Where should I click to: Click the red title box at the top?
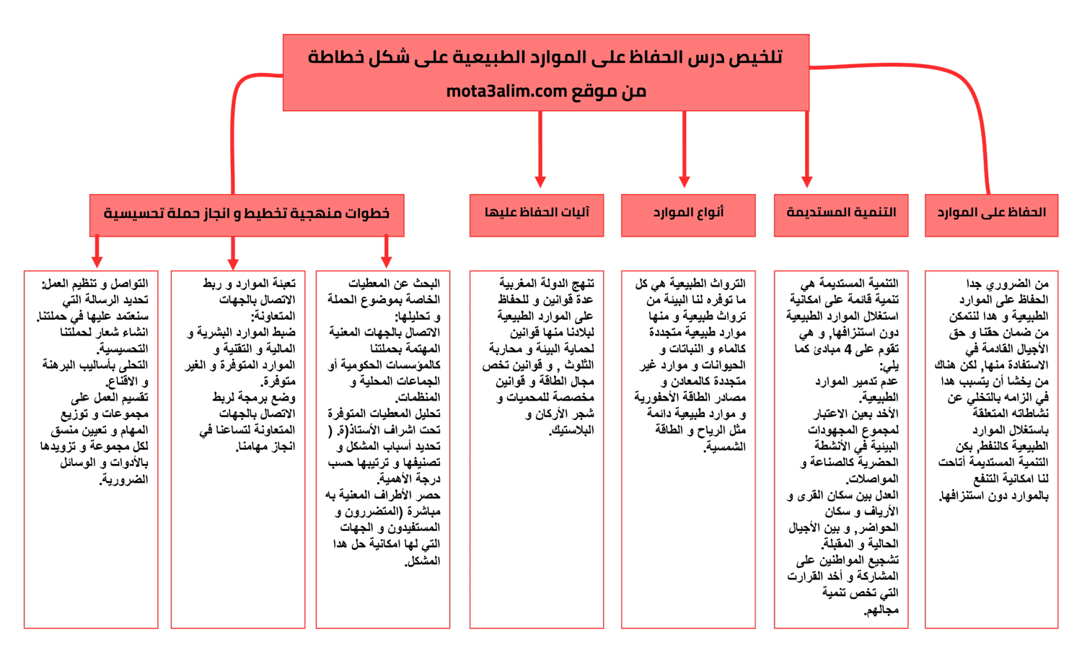point(545,72)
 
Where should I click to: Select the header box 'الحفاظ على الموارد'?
point(991,214)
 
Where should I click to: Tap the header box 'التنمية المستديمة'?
point(841,214)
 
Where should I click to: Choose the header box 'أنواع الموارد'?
point(688,214)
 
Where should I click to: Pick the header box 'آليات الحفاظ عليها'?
point(537,214)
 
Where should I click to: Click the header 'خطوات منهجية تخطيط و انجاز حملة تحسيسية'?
point(247,214)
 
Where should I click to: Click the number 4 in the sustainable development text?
point(848,349)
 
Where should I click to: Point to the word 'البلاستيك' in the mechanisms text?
point(573,431)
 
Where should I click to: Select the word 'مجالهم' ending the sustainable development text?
point(881,610)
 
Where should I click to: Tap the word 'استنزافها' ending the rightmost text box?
point(961,496)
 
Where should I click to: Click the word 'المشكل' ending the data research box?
point(423,561)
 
